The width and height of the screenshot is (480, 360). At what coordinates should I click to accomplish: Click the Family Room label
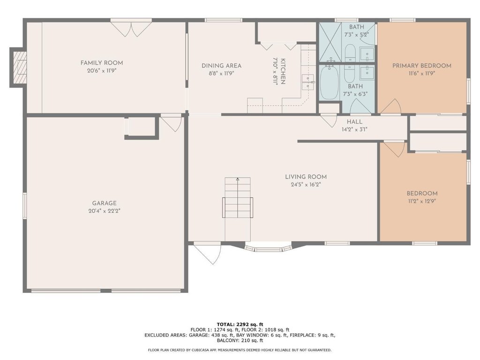(102, 63)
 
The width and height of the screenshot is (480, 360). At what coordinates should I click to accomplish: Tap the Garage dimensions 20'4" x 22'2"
(104, 211)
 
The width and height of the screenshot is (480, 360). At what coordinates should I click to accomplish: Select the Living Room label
(306, 177)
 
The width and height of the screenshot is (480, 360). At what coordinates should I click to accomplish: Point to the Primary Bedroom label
(422, 66)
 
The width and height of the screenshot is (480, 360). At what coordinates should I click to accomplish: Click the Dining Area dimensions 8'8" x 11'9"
(221, 74)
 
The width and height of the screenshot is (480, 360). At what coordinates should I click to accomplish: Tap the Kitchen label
(283, 71)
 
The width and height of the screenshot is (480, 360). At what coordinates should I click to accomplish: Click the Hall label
(354, 121)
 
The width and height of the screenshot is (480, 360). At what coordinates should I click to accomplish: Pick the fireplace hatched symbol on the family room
(20, 67)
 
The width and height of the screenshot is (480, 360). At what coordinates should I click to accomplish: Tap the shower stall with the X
(330, 43)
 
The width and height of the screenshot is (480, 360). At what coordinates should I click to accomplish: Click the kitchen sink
(308, 82)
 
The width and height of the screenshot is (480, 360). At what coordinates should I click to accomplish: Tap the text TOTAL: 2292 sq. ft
(240, 324)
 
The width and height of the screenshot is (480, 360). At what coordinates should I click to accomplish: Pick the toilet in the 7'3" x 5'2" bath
(350, 53)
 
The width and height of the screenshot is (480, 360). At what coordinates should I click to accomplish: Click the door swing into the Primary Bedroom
(390, 106)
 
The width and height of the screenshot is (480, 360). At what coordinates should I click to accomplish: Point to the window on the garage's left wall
(25, 206)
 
